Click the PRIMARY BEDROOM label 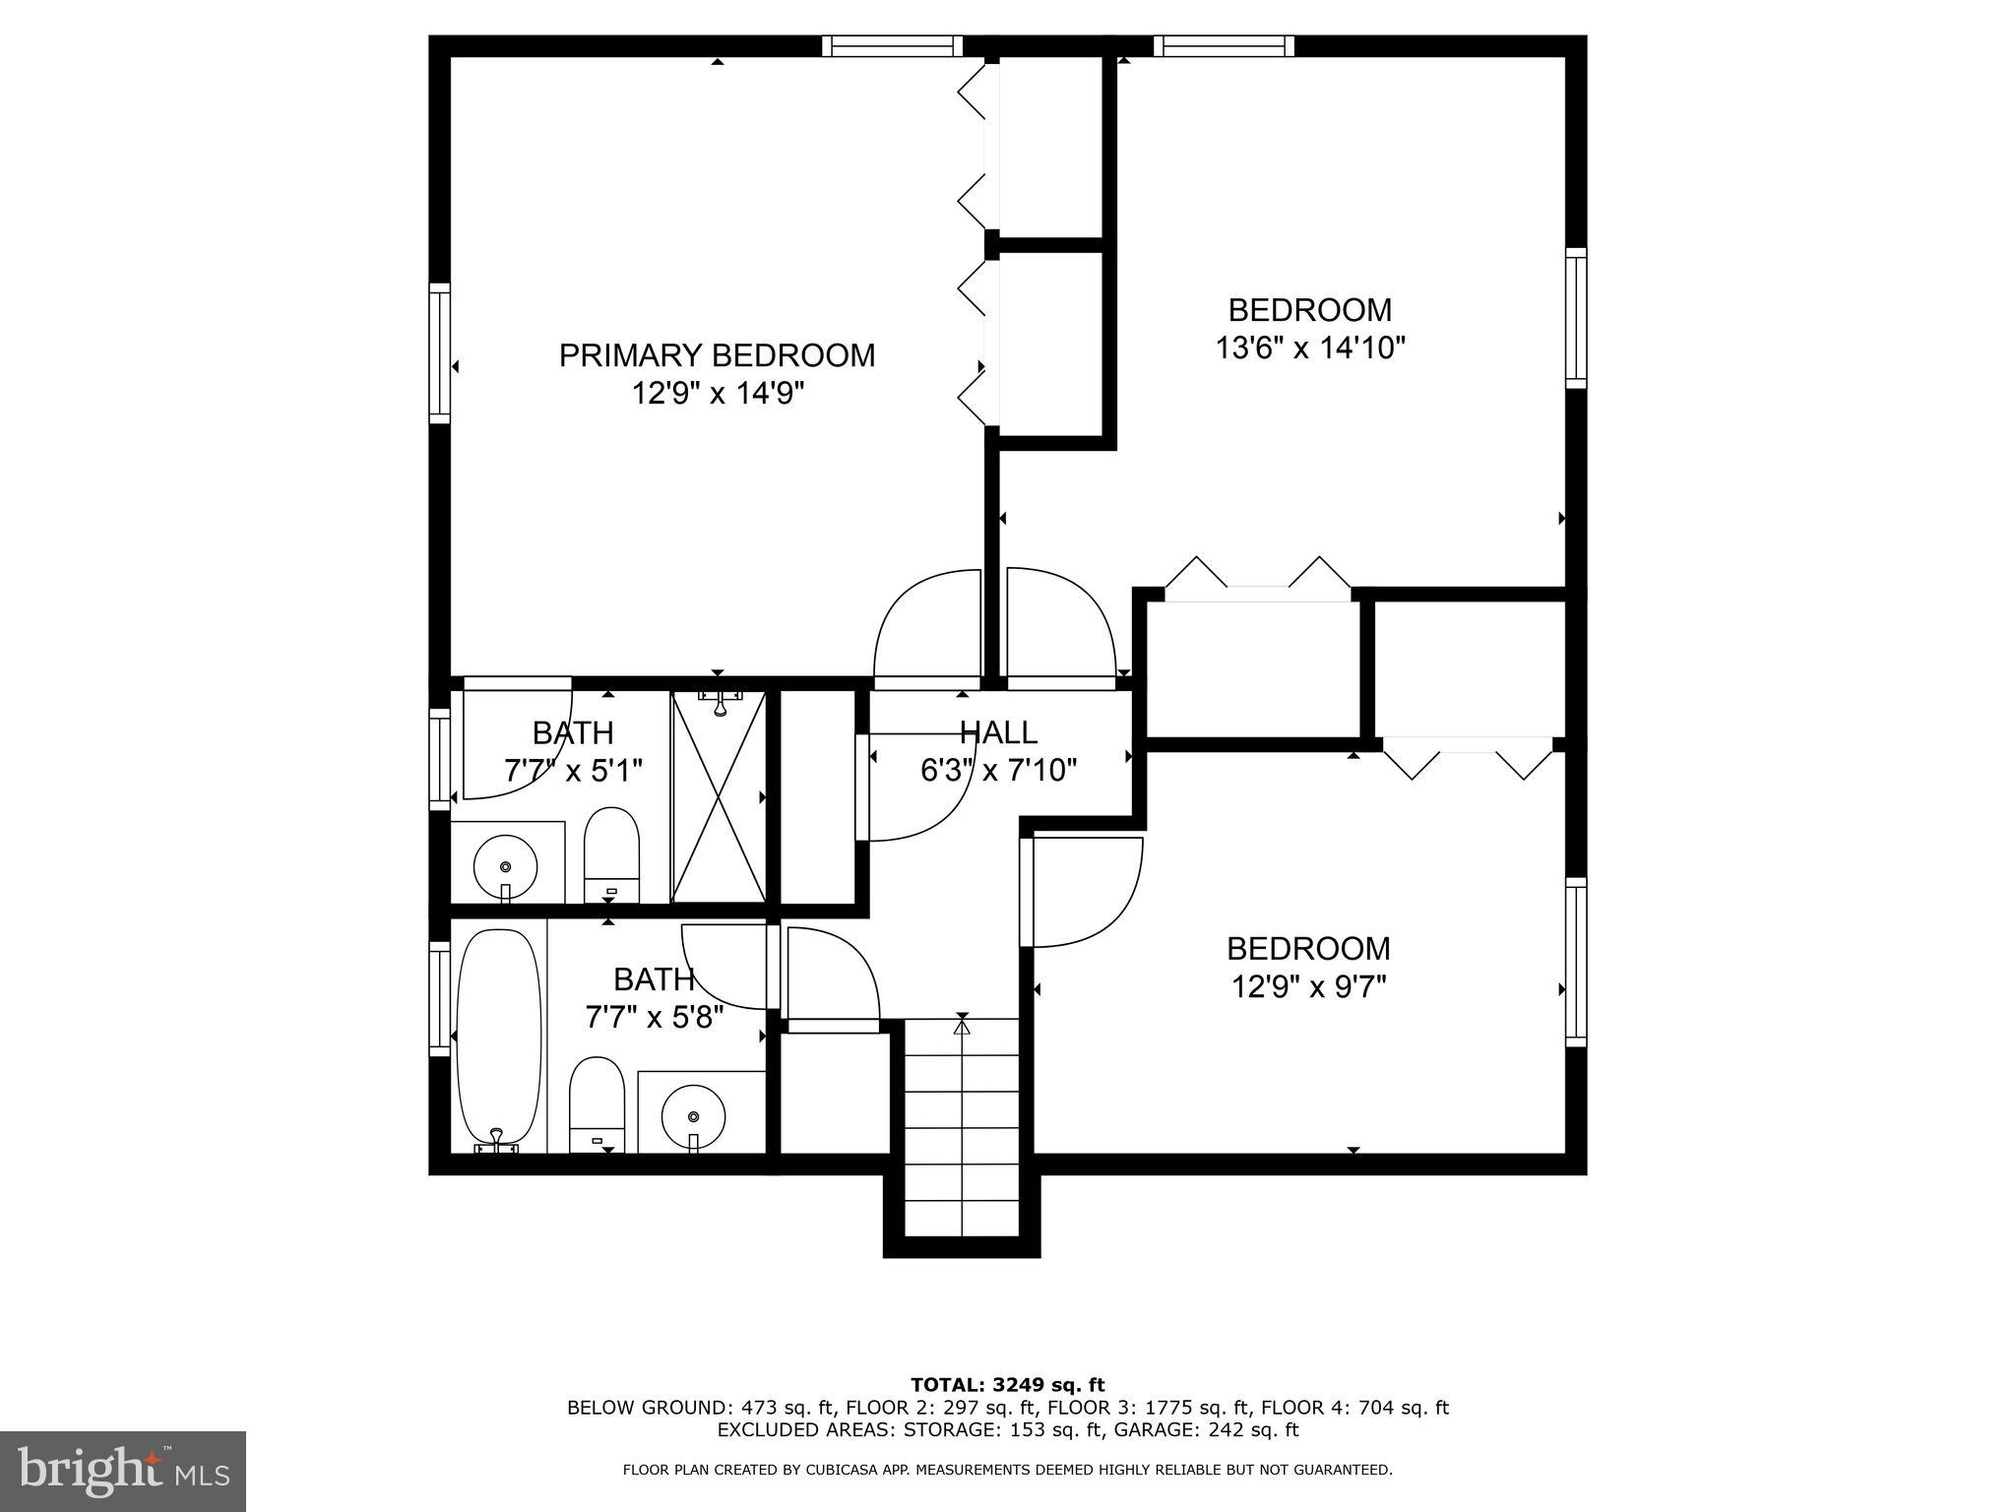(x=717, y=355)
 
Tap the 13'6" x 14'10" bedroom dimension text (x=1309, y=348)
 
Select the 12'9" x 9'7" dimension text (x=1308, y=986)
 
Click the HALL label (x=998, y=732)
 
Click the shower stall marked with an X (x=719, y=797)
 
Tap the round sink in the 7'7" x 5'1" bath (x=505, y=867)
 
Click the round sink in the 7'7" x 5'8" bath (x=694, y=1116)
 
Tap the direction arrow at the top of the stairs (x=962, y=1028)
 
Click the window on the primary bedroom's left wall (x=439, y=353)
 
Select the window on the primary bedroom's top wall (x=892, y=45)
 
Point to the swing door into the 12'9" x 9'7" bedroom (x=1083, y=891)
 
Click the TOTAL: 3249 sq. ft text (x=1007, y=1385)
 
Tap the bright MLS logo (x=123, y=1472)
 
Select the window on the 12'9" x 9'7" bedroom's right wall (x=1576, y=962)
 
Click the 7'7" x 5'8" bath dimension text (x=655, y=1017)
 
